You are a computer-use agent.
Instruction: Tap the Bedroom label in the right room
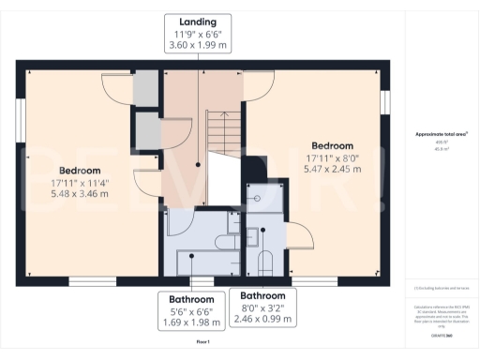332,146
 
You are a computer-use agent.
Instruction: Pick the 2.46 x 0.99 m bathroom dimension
262,319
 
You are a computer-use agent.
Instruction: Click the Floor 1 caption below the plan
203,342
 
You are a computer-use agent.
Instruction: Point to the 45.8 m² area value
441,147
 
